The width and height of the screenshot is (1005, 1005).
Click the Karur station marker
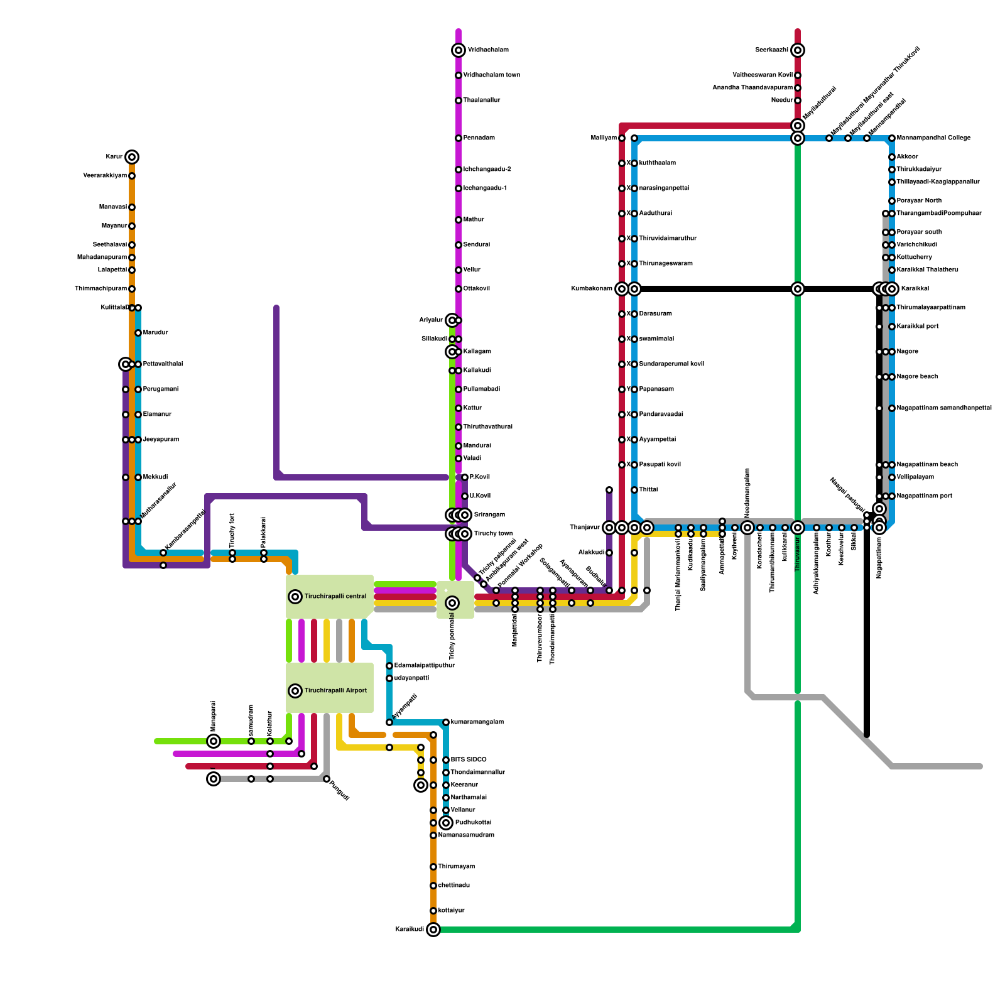click(x=131, y=157)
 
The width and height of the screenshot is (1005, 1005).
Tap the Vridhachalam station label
click(x=488, y=50)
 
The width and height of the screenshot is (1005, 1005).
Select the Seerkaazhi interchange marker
click(x=798, y=50)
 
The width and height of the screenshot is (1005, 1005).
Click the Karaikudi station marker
click(x=433, y=930)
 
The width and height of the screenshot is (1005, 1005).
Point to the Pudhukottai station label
click(x=473, y=823)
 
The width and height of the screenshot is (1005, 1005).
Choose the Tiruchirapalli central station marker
click(x=295, y=597)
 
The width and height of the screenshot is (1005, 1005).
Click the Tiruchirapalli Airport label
click(x=335, y=691)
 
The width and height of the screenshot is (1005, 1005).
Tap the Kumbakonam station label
click(x=592, y=289)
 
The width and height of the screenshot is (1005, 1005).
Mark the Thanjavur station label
click(x=585, y=528)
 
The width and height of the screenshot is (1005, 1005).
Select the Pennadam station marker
click(x=459, y=138)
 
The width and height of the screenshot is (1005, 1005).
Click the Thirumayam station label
click(x=456, y=867)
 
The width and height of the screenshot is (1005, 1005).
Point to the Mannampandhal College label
click(x=933, y=138)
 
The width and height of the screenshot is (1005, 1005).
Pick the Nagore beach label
click(x=917, y=377)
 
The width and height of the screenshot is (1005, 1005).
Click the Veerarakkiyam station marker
click(x=132, y=176)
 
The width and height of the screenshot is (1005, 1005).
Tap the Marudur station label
click(x=155, y=333)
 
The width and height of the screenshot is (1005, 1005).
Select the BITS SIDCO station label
click(x=468, y=760)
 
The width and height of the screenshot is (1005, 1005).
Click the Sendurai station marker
click(x=459, y=245)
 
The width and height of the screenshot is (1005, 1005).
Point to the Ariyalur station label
click(x=431, y=320)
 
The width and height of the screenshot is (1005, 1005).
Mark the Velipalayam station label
click(x=915, y=477)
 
